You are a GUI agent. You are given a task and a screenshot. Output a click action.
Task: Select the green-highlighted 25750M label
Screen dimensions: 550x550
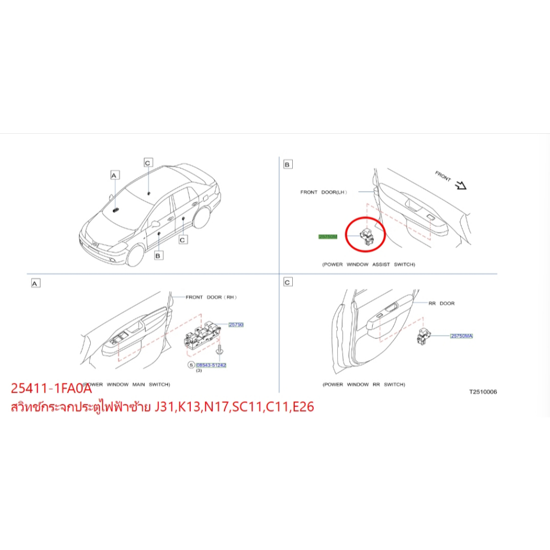[x=328, y=236]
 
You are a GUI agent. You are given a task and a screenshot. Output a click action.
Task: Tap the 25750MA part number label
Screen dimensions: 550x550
[x=461, y=336]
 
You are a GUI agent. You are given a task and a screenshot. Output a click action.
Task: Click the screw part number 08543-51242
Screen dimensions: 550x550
[x=211, y=365]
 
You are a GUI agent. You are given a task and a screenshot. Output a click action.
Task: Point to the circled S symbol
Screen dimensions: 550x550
[x=190, y=365]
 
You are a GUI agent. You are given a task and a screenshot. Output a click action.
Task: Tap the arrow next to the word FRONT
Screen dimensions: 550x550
[x=460, y=185]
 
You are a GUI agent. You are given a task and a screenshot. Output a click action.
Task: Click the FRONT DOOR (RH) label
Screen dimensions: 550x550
[x=211, y=297]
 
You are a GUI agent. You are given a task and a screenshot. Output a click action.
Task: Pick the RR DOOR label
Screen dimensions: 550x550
[x=441, y=303]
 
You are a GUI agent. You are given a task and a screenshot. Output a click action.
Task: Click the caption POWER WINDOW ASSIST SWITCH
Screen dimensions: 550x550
[x=368, y=265]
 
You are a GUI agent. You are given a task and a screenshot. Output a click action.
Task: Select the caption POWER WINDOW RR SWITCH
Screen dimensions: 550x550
[x=364, y=385]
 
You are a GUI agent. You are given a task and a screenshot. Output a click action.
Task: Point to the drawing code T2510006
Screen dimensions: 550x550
[x=483, y=392]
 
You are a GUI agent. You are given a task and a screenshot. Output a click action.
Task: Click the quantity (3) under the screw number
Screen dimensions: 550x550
[x=198, y=371]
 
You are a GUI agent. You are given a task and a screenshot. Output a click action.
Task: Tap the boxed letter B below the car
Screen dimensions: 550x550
[x=158, y=256]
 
